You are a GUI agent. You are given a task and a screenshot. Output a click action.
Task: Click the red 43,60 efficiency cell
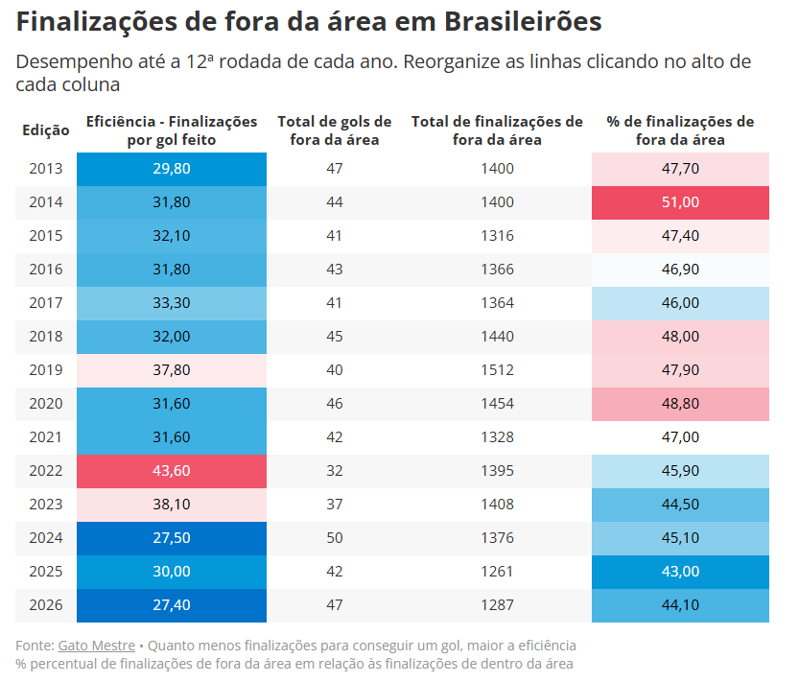pyautogui.click(x=172, y=471)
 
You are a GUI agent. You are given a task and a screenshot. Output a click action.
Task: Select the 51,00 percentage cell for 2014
pyautogui.click(x=680, y=202)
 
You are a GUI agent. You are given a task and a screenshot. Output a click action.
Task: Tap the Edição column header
pyautogui.click(x=46, y=130)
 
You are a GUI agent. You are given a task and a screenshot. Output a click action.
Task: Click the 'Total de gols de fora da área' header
pyautogui.click(x=335, y=130)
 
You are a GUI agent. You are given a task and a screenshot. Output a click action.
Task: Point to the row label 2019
pyautogui.click(x=46, y=370)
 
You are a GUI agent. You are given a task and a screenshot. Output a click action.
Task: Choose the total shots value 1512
pyautogui.click(x=497, y=370)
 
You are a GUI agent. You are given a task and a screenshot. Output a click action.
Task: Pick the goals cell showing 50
pyautogui.click(x=335, y=538)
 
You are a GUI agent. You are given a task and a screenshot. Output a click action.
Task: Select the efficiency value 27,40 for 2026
pyautogui.click(x=172, y=605)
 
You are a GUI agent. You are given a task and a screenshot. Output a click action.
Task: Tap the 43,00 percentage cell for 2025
pyautogui.click(x=680, y=572)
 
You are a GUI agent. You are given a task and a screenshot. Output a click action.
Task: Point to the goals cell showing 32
pyautogui.click(x=335, y=471)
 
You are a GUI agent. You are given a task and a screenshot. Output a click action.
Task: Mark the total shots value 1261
pyautogui.click(x=497, y=572)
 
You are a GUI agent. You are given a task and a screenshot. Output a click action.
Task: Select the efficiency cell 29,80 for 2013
pyautogui.click(x=172, y=169)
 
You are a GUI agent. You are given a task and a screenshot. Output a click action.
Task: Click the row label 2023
pyautogui.click(x=46, y=505)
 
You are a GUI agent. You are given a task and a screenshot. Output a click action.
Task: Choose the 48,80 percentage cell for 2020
pyautogui.click(x=680, y=404)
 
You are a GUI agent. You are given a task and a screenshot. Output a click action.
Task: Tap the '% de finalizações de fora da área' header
pyautogui.click(x=680, y=130)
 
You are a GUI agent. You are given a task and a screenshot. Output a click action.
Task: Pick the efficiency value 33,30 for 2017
pyautogui.click(x=172, y=303)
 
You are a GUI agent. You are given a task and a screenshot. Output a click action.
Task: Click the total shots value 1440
pyautogui.click(x=497, y=337)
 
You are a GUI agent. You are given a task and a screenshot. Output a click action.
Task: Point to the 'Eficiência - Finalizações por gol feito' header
pyautogui.click(x=172, y=130)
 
